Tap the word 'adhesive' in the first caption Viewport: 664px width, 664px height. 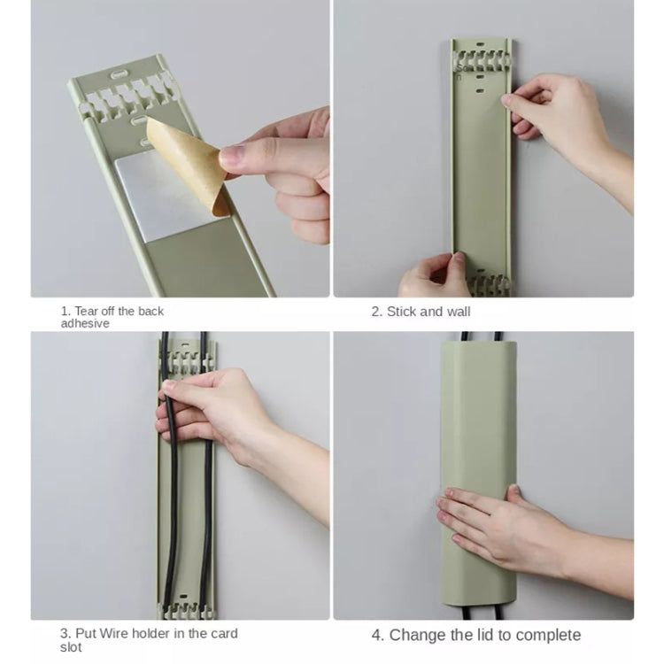pos(85,324)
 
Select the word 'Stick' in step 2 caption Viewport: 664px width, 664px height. pos(403,312)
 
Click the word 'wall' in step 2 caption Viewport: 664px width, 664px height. pos(458,312)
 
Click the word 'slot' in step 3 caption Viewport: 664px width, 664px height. pos(72,647)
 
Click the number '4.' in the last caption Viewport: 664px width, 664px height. pos(377,635)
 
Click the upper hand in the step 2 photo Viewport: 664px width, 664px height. pos(558,115)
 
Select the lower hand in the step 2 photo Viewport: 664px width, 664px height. pos(434,276)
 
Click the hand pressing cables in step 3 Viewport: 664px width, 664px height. pos(212,407)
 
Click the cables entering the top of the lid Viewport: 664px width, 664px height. pos(479,336)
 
